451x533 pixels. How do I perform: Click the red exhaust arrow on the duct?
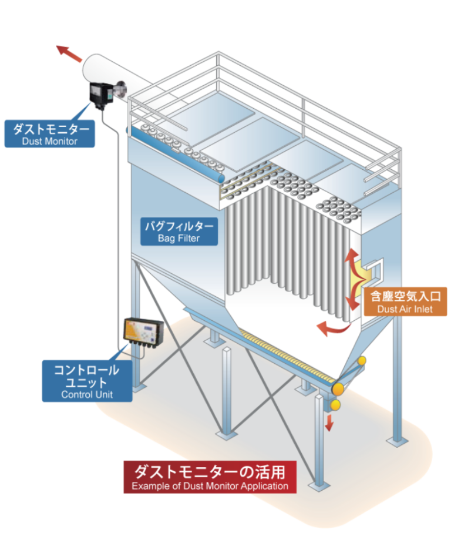[x=69, y=54]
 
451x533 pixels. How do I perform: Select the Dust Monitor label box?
[x=49, y=133]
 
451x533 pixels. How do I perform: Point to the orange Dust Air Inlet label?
[x=405, y=301]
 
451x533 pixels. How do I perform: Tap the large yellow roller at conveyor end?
[x=339, y=388]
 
